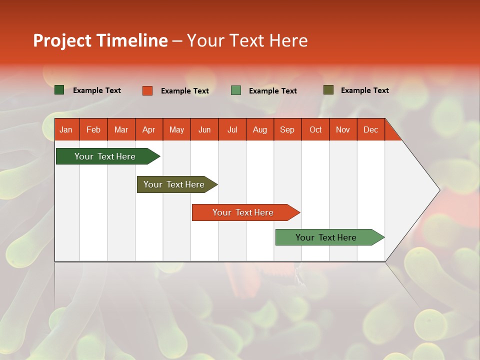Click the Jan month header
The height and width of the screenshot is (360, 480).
pyautogui.click(x=66, y=130)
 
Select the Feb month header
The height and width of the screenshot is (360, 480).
pyautogui.click(x=93, y=130)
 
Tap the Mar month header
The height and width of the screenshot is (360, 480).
pyautogui.click(x=121, y=130)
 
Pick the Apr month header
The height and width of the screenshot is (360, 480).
pyautogui.click(x=148, y=130)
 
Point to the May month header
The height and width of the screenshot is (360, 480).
pyautogui.click(x=176, y=130)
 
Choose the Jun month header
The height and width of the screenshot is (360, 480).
pyautogui.click(x=204, y=130)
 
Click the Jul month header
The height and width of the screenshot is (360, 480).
pyautogui.click(x=232, y=130)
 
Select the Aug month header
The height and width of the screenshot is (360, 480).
pyautogui.click(x=259, y=130)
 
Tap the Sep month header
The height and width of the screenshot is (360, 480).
pyautogui.click(x=287, y=130)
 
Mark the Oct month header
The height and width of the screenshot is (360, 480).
pyautogui.click(x=315, y=130)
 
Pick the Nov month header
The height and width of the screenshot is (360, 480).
pyautogui.click(x=343, y=130)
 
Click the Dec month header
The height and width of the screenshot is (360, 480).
pyautogui.click(x=370, y=130)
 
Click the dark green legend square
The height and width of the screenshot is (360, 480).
pyautogui.click(x=59, y=90)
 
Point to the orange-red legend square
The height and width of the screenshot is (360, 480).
pyautogui.click(x=147, y=90)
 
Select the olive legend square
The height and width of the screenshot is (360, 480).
pyautogui.click(x=328, y=90)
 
